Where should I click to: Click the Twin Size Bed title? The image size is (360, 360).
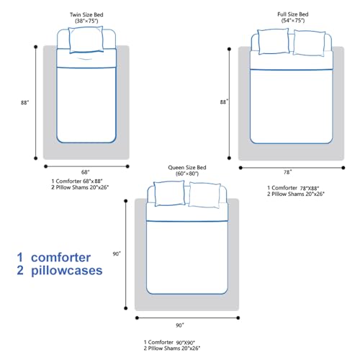(x=86, y=14)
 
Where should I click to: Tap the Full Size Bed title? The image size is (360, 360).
(x=293, y=14)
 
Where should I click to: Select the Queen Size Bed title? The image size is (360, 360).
(x=187, y=167)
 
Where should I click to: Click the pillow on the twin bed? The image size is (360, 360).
(x=86, y=40)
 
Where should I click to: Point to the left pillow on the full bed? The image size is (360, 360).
(x=273, y=41)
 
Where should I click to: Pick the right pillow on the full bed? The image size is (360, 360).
(x=309, y=43)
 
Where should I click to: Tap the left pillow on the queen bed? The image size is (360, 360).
(x=169, y=193)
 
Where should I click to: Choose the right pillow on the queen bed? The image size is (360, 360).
(x=204, y=195)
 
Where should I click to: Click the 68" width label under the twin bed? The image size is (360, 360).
(x=86, y=172)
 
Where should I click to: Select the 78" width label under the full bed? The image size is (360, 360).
(x=288, y=172)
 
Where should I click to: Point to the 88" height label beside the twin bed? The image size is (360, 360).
(x=24, y=102)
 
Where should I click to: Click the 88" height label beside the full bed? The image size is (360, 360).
(x=224, y=102)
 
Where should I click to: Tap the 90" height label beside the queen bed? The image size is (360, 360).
(x=117, y=253)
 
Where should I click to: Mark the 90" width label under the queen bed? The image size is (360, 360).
(x=180, y=325)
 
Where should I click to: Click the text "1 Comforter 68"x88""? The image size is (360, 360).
(x=77, y=181)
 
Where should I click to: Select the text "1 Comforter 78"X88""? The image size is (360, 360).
(x=293, y=188)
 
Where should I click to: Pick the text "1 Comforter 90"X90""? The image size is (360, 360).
(x=169, y=342)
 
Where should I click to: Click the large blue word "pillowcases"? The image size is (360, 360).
(x=67, y=271)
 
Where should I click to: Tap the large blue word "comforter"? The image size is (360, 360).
(x=61, y=258)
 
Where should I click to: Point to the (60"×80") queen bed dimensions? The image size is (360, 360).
(x=187, y=174)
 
